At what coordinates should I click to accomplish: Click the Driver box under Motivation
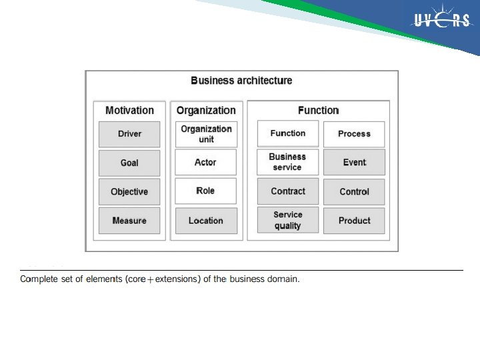129,134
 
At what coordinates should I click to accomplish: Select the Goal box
129,163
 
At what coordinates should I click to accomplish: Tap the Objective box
129,192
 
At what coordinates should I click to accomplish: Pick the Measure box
129,221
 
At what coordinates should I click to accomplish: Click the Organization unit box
206,134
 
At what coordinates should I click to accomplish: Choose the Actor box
206,162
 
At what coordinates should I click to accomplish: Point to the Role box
206,191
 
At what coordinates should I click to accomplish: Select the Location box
206,221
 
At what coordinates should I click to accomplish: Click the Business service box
288,162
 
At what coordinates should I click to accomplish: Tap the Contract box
288,191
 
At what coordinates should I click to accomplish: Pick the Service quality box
288,220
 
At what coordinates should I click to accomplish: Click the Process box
354,134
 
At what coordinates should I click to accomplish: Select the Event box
354,163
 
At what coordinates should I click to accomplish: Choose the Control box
354,191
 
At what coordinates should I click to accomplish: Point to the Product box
354,221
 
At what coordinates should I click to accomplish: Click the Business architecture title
241,81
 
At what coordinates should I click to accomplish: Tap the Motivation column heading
129,111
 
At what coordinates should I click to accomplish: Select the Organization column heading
206,111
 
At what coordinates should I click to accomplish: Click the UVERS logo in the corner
442,21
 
